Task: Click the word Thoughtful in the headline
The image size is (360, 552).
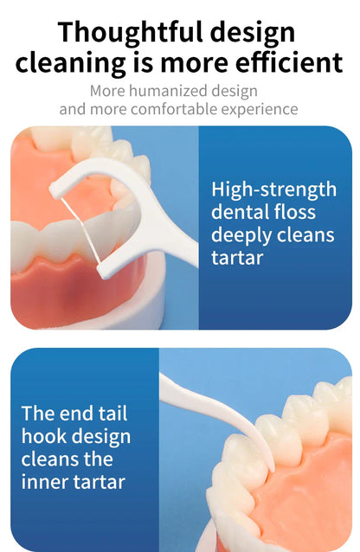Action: (131, 33)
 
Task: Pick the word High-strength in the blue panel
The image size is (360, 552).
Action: (273, 189)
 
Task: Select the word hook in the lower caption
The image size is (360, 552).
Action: (42, 436)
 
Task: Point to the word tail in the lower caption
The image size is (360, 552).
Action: (112, 413)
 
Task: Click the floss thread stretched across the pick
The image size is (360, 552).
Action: (80, 230)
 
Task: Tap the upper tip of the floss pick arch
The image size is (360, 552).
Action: (54, 190)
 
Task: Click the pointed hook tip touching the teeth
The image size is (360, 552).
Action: (273, 469)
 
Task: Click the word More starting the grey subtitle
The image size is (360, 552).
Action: (107, 91)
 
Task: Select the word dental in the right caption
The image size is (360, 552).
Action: (235, 212)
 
